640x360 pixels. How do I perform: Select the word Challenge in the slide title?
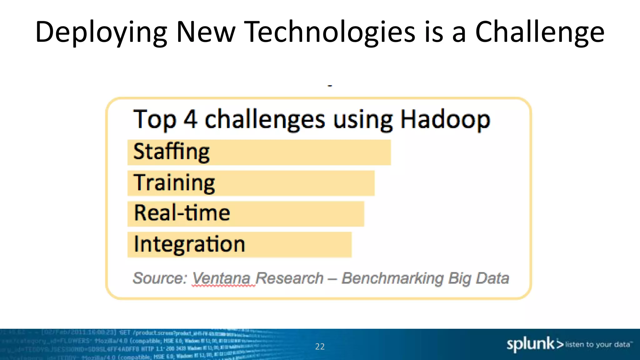pyautogui.click(x=540, y=32)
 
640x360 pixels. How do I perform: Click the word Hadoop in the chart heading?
pyautogui.click(x=445, y=120)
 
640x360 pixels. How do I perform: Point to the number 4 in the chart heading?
pyautogui.click(x=190, y=119)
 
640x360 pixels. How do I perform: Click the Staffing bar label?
pyautogui.click(x=171, y=152)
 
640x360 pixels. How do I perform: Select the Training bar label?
pyautogui.click(x=174, y=183)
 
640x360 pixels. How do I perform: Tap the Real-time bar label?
pyautogui.click(x=182, y=213)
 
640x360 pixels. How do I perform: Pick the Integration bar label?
pyautogui.click(x=189, y=244)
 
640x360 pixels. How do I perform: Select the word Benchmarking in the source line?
pyautogui.click(x=392, y=278)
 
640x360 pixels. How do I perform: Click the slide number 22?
pyautogui.click(x=320, y=347)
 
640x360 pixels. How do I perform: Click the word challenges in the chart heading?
pyautogui.click(x=265, y=120)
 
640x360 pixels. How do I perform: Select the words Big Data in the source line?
pyautogui.click(x=478, y=278)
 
